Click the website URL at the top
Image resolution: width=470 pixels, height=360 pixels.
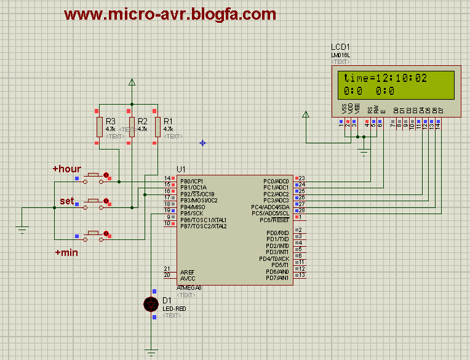(x=170, y=14)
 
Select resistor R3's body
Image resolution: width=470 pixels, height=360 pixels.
(x=99, y=126)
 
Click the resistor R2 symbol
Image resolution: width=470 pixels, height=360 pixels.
(x=131, y=126)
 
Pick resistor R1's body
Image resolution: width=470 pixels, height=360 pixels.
(x=157, y=126)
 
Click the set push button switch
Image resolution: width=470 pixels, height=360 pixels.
(x=94, y=201)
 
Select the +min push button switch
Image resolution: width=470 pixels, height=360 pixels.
(x=94, y=233)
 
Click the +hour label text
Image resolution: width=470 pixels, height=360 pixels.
(x=66, y=168)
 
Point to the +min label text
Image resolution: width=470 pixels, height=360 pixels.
(x=66, y=252)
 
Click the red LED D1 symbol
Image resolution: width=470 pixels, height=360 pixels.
(x=151, y=303)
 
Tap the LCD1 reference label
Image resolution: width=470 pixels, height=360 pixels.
(x=341, y=47)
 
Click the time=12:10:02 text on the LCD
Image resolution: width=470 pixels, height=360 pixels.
(x=385, y=78)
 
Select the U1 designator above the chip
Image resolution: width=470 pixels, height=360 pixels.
(x=181, y=169)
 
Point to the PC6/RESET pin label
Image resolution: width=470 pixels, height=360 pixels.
(x=274, y=220)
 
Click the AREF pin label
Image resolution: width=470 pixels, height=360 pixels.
(x=187, y=271)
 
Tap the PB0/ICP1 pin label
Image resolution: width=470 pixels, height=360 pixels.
(x=193, y=181)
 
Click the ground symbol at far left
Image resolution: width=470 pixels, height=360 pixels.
(x=22, y=230)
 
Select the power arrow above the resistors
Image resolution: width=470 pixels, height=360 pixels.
(x=131, y=82)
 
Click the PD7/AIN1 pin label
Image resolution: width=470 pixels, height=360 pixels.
(x=277, y=278)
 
